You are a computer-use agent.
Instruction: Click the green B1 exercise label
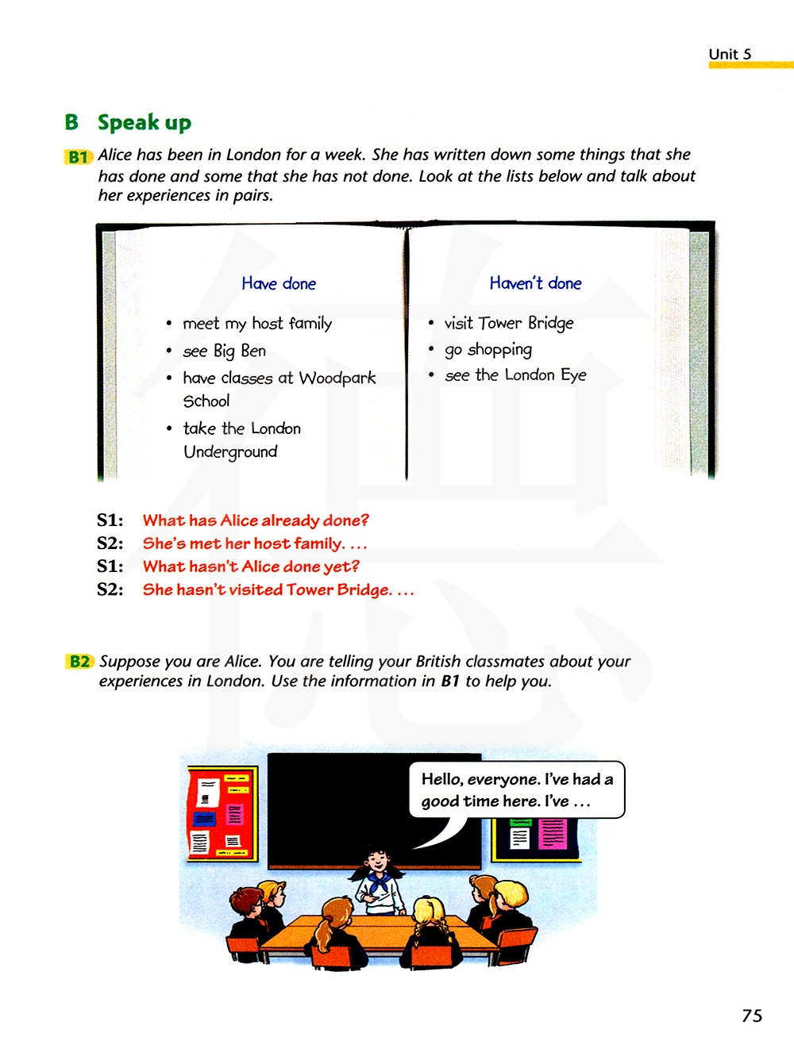79,157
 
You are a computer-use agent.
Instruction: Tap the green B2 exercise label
80,662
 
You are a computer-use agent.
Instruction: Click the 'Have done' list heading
279,284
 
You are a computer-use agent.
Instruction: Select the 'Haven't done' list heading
535,283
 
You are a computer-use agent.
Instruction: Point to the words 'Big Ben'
240,351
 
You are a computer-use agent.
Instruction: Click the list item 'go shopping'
488,350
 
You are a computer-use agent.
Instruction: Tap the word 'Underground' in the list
230,452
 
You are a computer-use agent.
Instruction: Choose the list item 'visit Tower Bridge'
508,323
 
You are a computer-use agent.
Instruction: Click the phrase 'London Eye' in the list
545,375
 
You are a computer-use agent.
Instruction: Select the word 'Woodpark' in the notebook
337,378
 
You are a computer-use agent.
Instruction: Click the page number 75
752,1016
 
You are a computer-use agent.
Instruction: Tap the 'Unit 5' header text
730,54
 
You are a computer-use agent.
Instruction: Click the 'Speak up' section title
145,123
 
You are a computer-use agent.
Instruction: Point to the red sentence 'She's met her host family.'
244,543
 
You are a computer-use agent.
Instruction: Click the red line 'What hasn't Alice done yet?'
251,566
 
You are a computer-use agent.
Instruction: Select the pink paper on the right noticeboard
553,834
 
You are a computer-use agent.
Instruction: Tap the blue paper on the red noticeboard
205,817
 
